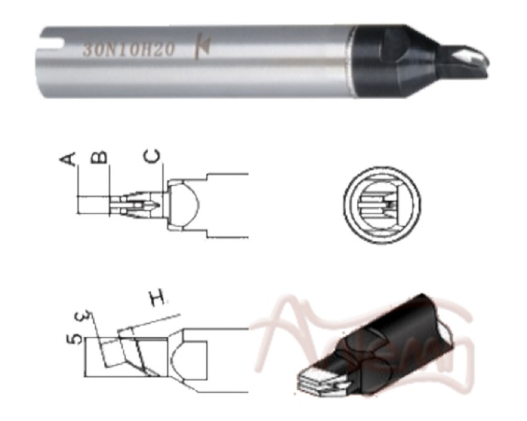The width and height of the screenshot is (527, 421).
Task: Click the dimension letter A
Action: click(x=71, y=157)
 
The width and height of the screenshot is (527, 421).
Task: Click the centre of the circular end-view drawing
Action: click(x=382, y=203)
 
